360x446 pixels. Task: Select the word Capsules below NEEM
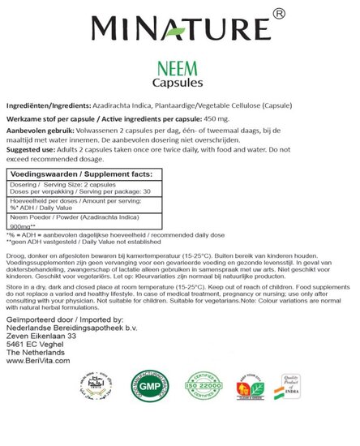(x=179, y=84)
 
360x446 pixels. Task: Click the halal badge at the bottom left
(x=38, y=403)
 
